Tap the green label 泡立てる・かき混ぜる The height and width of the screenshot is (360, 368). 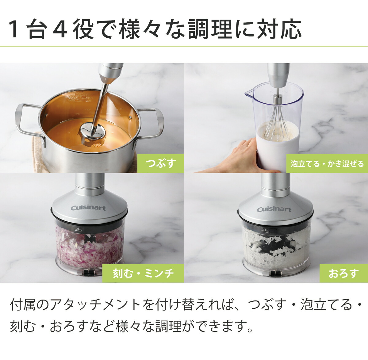click(327, 163)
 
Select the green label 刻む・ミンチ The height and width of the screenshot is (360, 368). click(143, 273)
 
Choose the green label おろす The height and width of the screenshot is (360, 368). click(343, 273)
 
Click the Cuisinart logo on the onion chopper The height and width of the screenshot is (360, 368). click(88, 208)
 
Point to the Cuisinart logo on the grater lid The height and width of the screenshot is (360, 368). click(274, 209)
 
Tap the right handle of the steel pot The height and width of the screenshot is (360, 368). click(155, 123)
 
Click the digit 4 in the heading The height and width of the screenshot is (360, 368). click(60, 30)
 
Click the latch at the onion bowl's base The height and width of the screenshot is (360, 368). click(89, 272)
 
